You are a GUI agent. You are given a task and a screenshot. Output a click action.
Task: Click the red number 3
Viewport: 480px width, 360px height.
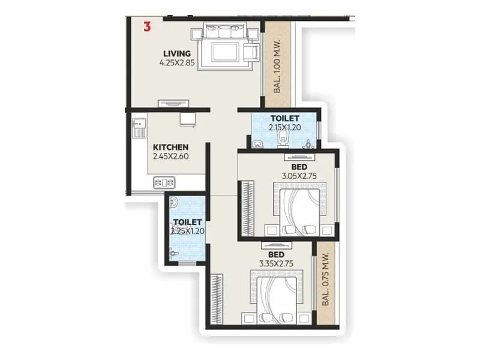click(147, 26)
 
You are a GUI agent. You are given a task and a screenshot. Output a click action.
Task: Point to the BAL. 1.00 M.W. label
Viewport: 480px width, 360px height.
click(278, 65)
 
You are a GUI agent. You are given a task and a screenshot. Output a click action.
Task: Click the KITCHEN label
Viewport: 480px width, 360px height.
click(171, 147)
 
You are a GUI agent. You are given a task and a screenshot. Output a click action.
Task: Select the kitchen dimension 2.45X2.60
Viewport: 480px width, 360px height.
click(171, 156)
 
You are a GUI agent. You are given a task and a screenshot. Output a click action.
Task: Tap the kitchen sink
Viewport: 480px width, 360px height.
click(141, 128)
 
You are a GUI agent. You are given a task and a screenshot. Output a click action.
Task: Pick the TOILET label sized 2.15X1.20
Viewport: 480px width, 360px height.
click(285, 118)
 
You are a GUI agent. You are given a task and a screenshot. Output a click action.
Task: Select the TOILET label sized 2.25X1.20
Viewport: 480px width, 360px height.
click(187, 221)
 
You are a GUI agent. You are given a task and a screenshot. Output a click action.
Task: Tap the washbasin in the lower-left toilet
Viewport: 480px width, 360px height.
click(174, 202)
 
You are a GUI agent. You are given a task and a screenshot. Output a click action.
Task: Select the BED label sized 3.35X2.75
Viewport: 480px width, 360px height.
click(268, 254)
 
